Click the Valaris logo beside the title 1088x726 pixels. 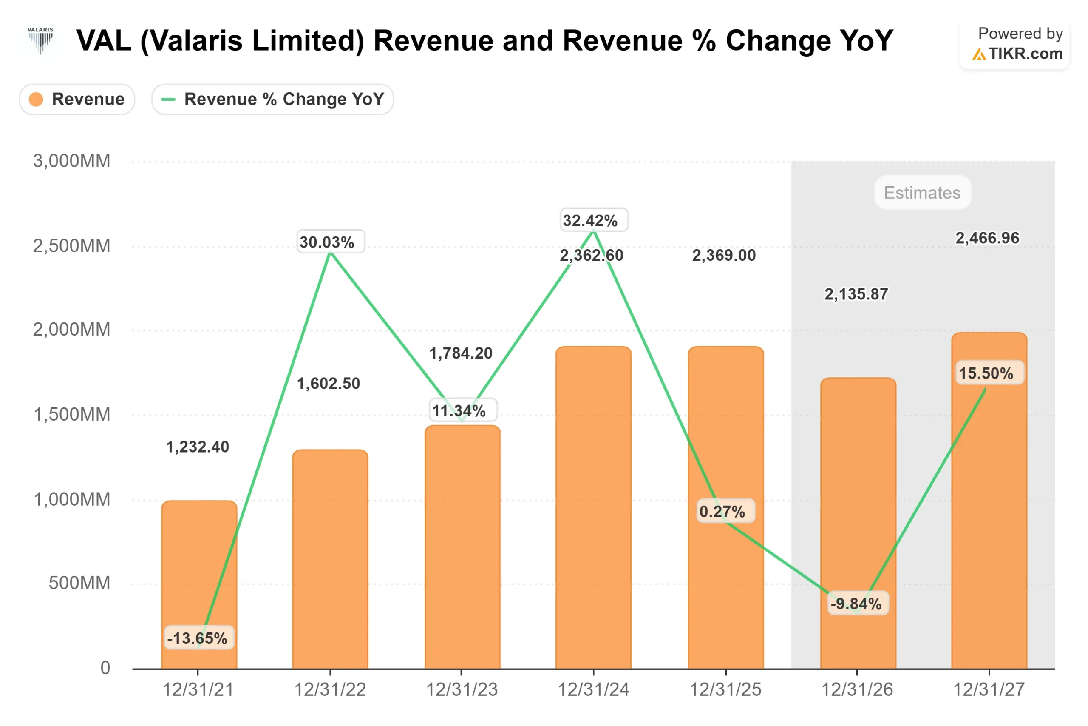40,41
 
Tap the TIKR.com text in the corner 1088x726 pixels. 1025,54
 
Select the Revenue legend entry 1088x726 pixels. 77,99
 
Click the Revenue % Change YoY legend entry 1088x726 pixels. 272,99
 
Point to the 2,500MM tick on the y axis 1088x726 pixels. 72,246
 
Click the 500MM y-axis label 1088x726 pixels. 79,583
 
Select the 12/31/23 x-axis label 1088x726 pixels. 462,690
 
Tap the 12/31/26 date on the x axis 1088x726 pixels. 857,690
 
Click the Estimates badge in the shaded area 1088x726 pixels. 922,193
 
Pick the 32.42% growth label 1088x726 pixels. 590,220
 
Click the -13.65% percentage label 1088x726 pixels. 198,638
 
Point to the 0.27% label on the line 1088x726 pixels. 722,512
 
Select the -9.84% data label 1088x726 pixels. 856,604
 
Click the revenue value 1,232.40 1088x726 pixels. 198,447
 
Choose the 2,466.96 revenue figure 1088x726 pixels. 987,238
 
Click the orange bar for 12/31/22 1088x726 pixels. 330,560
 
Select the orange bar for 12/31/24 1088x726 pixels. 593,510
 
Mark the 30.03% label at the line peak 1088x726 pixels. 327,242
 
